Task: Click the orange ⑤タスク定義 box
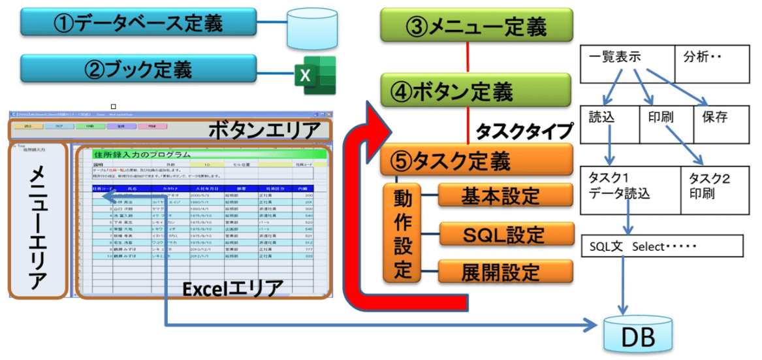tap(476, 160)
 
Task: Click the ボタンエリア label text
tap(264, 129)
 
